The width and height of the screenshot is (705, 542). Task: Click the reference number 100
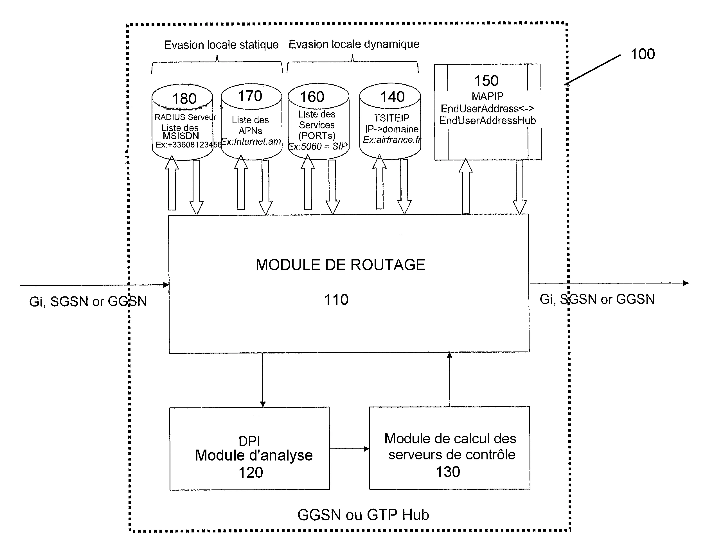tap(642, 54)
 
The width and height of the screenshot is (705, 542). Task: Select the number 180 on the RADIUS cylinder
tap(184, 99)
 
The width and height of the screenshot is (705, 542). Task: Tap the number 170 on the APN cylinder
tap(250, 96)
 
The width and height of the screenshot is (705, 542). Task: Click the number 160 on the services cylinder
tap(312, 97)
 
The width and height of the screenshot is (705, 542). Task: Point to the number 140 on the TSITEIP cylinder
tap(392, 97)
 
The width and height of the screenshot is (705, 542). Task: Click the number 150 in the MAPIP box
tap(486, 81)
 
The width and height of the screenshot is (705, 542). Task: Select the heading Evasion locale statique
tap(221, 45)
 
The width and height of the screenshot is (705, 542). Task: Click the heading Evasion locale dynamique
tap(354, 44)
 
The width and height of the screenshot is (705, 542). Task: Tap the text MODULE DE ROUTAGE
tap(340, 265)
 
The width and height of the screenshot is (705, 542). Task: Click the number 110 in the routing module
tap(336, 300)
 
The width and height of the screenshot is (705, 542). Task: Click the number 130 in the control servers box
tap(448, 472)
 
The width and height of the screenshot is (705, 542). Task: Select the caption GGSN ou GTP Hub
tap(363, 515)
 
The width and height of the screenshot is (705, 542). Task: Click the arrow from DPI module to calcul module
tap(349, 449)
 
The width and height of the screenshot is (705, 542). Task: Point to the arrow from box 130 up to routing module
tap(449, 379)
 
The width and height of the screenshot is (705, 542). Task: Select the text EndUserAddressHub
tap(487, 121)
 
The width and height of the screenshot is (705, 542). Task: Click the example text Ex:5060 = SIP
tap(317, 146)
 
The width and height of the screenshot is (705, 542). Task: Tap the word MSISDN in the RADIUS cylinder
tap(181, 136)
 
